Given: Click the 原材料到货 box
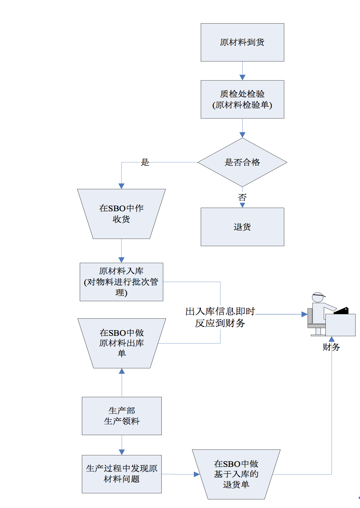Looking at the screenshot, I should [242, 42].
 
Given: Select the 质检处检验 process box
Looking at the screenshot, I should [242, 99].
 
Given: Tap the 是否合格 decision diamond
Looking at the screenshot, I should [242, 162].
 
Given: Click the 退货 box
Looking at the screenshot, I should [242, 227].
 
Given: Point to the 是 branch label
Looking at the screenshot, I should [145, 162].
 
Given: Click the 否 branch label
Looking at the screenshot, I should [242, 198].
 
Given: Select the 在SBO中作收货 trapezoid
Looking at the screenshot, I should [121, 214].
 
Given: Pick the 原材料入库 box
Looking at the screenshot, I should [121, 282].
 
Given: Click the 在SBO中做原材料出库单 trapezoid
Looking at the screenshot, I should [121, 343].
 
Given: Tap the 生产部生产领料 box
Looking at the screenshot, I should [121, 416].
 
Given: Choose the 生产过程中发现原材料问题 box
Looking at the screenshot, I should [121, 474].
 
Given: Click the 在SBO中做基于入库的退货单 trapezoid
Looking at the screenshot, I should [236, 474].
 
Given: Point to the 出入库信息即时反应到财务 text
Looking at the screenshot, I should [220, 317].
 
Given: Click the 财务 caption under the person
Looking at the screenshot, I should [331, 347].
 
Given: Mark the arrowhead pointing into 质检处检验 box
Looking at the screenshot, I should [242, 77].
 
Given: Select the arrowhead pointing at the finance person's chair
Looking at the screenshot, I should [304, 314].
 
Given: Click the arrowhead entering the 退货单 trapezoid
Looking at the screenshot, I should [197, 474].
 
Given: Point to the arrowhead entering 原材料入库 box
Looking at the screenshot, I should [121, 260].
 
